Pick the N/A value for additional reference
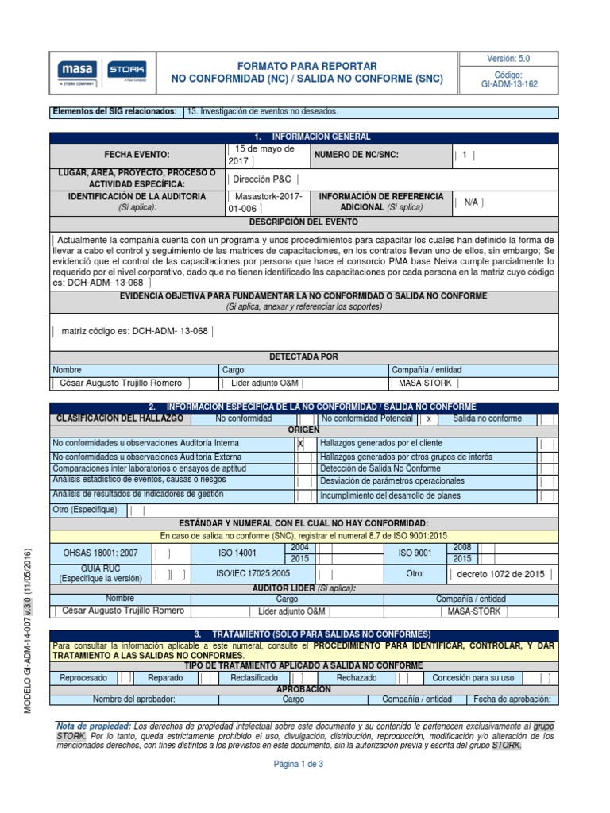click(x=471, y=202)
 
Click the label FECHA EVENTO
click(x=137, y=155)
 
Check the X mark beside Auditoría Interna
click(x=300, y=444)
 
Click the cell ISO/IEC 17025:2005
click(x=253, y=574)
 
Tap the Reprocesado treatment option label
click(x=83, y=678)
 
